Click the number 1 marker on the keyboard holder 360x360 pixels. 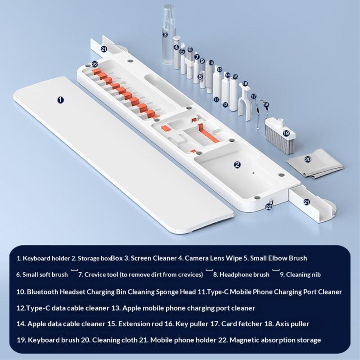pyautogui.click(x=60, y=100)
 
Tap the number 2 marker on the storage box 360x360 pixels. pyautogui.click(x=237, y=164)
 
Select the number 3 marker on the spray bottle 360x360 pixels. pyautogui.click(x=165, y=35)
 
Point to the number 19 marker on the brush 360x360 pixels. pyautogui.click(x=286, y=133)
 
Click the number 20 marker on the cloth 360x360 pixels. pyautogui.click(x=308, y=159)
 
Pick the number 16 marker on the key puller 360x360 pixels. pyautogui.click(x=245, y=83)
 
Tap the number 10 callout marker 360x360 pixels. pyautogui.click(x=211, y=63)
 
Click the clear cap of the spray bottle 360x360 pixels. pyautogui.click(x=168, y=16)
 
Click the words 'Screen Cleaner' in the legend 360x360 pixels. pyautogui.click(x=153, y=258)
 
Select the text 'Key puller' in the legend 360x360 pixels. pyautogui.click(x=192, y=324)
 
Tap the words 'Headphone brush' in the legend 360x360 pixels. pyautogui.click(x=244, y=274)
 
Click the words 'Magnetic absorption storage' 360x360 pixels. pyautogui.click(x=275, y=340)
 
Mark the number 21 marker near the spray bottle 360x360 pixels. pyautogui.click(x=104, y=49)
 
